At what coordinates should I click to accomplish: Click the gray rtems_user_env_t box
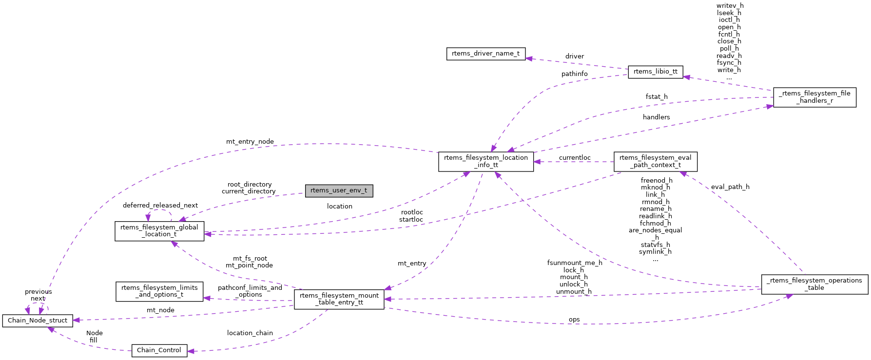339,190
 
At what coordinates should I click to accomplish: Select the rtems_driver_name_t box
485,54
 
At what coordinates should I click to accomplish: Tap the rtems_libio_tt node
655,72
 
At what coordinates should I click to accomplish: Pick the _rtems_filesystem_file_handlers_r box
814,97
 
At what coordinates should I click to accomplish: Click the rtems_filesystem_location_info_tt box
485,161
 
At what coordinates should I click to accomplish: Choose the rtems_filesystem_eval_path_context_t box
655,161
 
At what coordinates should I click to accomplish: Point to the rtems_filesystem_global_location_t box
159,231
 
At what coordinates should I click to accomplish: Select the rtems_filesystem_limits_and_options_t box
159,291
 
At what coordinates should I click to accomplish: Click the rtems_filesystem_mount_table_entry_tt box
339,299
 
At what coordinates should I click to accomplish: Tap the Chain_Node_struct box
37,321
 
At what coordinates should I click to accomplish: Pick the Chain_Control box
159,350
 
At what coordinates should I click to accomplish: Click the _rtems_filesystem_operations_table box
814,284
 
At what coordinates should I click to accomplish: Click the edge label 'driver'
574,57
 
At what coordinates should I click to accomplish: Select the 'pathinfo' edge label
574,74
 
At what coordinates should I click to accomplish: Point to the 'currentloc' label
574,158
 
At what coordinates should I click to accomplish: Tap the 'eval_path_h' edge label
730,187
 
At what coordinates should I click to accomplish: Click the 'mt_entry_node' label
250,142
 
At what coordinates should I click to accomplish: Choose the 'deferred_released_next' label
160,206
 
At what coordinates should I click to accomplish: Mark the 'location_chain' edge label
250,333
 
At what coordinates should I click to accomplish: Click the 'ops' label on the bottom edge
574,320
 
